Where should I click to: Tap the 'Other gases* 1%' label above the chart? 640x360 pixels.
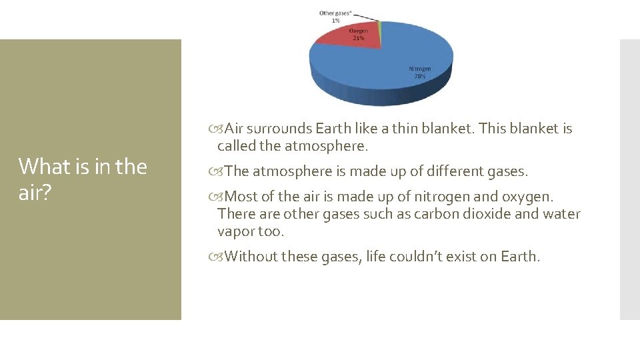(x=336, y=17)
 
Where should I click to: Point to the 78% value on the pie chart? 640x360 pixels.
(x=420, y=76)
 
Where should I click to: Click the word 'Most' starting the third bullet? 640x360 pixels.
(x=241, y=197)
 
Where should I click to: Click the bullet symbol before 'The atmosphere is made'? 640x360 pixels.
(x=221, y=172)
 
